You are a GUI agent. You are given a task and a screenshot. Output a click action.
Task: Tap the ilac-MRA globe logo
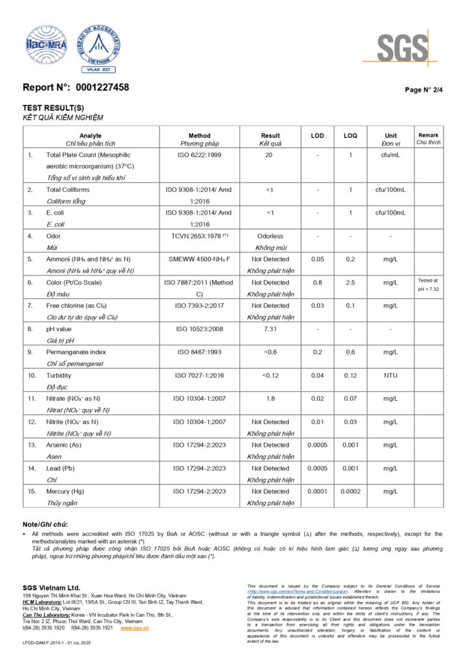click(x=46, y=45)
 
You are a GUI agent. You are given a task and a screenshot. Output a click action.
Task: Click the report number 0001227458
click(x=102, y=87)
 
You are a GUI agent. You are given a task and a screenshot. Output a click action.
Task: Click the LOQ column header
click(x=350, y=136)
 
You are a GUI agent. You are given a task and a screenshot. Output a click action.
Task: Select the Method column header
click(x=199, y=136)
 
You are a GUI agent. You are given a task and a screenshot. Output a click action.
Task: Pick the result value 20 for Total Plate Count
click(x=270, y=155)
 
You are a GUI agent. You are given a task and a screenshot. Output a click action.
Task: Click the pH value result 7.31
click(x=270, y=329)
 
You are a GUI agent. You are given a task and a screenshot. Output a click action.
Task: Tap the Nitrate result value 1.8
click(x=270, y=399)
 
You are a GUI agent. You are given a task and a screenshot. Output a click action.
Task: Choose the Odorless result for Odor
click(x=270, y=237)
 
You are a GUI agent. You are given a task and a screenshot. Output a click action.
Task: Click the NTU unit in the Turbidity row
click(x=390, y=376)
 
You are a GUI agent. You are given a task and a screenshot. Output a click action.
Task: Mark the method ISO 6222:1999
click(x=199, y=155)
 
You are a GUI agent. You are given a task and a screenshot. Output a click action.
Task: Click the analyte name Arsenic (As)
click(x=63, y=445)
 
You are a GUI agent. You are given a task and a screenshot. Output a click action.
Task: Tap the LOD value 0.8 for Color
click(x=317, y=283)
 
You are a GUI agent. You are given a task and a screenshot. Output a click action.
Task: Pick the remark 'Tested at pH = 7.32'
click(x=428, y=284)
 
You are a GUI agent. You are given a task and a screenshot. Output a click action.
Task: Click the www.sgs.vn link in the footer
click(x=134, y=628)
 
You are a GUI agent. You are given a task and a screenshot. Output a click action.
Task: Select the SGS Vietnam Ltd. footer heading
click(x=52, y=587)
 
